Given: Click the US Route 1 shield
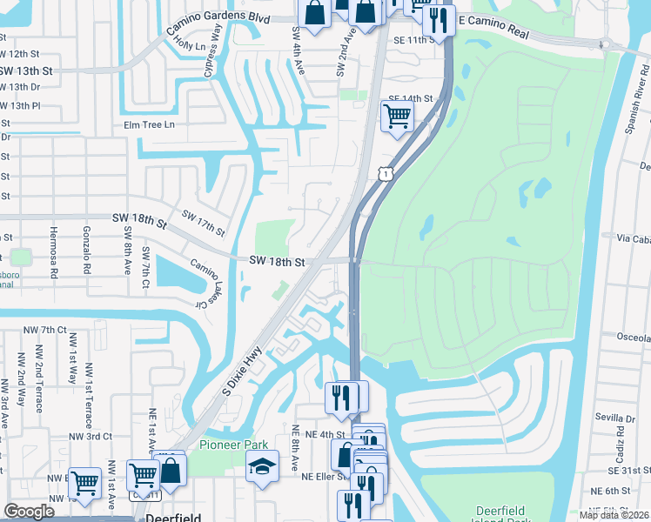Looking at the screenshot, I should pyautogui.click(x=384, y=174).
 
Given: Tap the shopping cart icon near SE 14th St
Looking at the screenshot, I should pyautogui.click(x=397, y=115).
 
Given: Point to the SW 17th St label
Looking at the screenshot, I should pyautogui.click(x=203, y=223).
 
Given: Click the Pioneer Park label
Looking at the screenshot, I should pyautogui.click(x=227, y=445).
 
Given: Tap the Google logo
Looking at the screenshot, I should pyautogui.click(x=30, y=512).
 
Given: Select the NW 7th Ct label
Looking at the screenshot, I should pyautogui.click(x=46, y=330).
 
